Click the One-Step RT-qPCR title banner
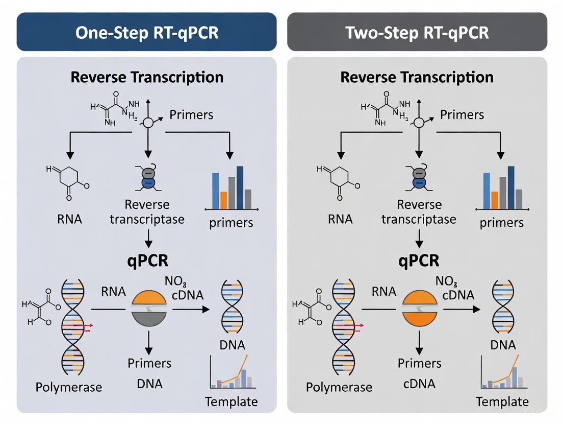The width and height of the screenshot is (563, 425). (x=146, y=32)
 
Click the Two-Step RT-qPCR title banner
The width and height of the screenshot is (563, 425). (x=417, y=32)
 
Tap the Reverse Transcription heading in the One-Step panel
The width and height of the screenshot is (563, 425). (x=147, y=77)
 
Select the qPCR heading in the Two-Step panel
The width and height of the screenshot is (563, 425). (x=418, y=261)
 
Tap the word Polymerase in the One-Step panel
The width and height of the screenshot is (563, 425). (x=68, y=387)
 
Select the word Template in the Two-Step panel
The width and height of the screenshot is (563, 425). (x=502, y=402)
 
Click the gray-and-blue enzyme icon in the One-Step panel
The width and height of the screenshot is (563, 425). (x=148, y=179)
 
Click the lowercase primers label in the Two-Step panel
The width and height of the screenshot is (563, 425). (x=502, y=223)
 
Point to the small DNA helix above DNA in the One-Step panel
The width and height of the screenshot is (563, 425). (x=232, y=306)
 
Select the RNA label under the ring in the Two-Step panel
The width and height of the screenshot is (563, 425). (x=340, y=219)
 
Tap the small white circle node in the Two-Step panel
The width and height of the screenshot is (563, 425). (x=419, y=123)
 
